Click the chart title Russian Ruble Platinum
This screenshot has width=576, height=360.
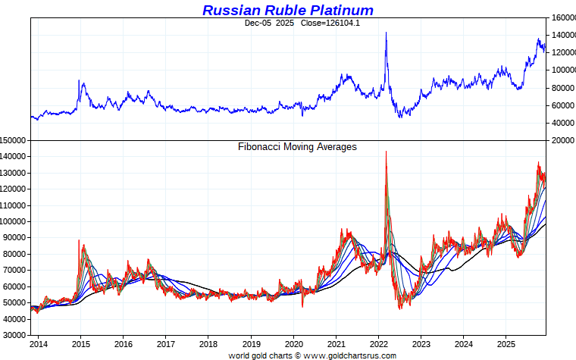287,10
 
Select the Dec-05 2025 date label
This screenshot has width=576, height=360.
269,23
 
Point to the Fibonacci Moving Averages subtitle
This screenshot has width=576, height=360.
297,147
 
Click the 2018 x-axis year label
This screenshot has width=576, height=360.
208,343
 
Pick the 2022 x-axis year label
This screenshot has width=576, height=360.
379,343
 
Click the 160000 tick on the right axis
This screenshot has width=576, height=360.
562,17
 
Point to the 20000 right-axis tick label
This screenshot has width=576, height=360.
562,140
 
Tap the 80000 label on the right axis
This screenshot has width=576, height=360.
562,88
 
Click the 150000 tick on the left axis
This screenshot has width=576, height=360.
14,140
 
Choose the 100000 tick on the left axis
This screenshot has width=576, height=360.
14,221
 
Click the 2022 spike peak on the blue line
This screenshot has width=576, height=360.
387,33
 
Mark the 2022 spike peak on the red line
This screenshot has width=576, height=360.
387,152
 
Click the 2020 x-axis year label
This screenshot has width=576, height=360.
294,343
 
